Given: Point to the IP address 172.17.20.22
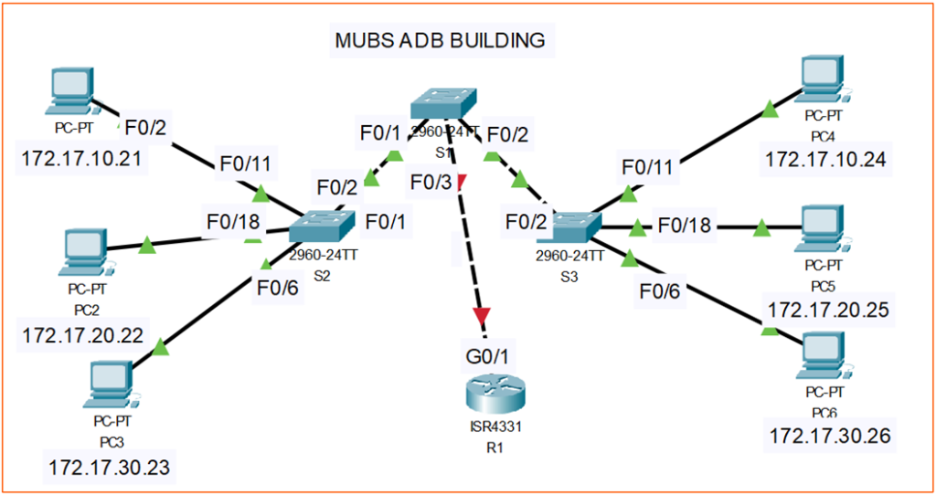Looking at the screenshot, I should click(81, 335).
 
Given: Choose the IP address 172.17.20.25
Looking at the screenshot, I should click(829, 309).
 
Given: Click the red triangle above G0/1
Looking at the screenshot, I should click(482, 316).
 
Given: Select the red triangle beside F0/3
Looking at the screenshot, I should click(462, 182).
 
